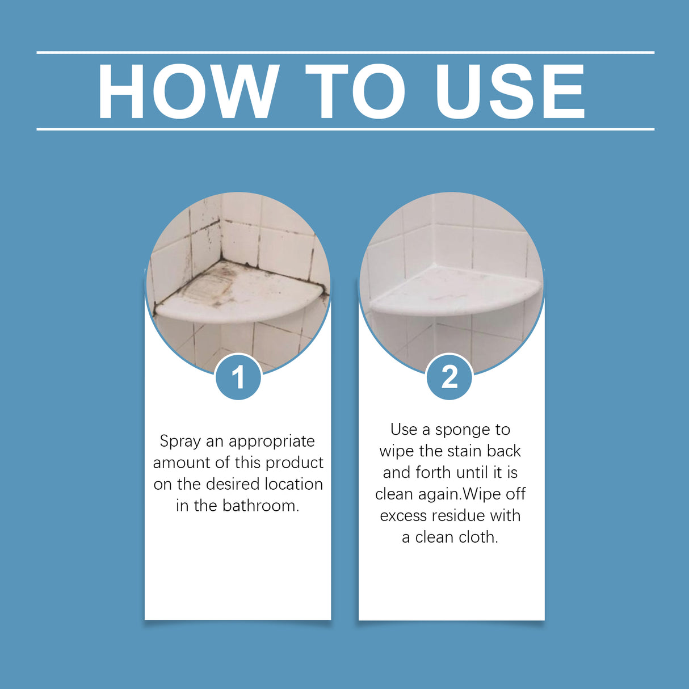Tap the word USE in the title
510,92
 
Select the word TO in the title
355,92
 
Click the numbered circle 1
238,377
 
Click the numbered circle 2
449,377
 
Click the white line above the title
345,52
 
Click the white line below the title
345,129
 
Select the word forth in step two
433,472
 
